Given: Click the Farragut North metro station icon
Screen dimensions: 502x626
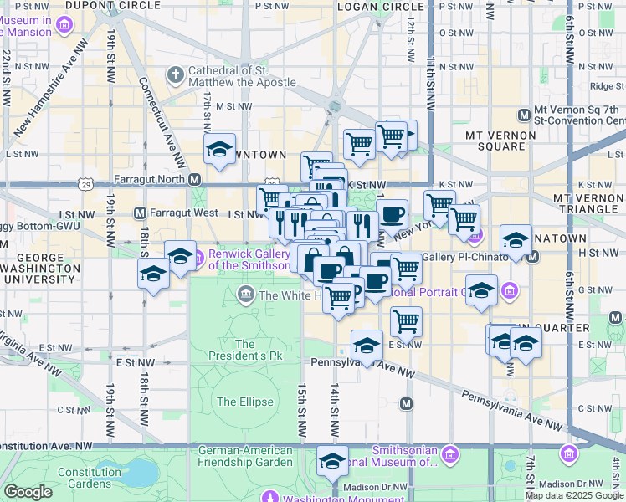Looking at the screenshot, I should point(194,179).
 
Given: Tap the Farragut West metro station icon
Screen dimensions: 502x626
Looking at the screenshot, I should point(140,213).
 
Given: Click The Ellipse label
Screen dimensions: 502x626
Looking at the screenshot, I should point(245,402).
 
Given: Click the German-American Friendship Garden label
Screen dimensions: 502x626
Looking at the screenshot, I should point(245,456).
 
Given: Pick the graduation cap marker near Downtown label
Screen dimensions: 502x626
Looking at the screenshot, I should point(220,149).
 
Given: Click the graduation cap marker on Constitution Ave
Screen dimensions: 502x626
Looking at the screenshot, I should point(332,461).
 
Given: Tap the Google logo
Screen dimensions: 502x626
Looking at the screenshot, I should point(28,492).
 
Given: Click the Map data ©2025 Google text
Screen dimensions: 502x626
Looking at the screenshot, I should point(574,495).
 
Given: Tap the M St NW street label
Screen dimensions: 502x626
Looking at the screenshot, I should point(228,106).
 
